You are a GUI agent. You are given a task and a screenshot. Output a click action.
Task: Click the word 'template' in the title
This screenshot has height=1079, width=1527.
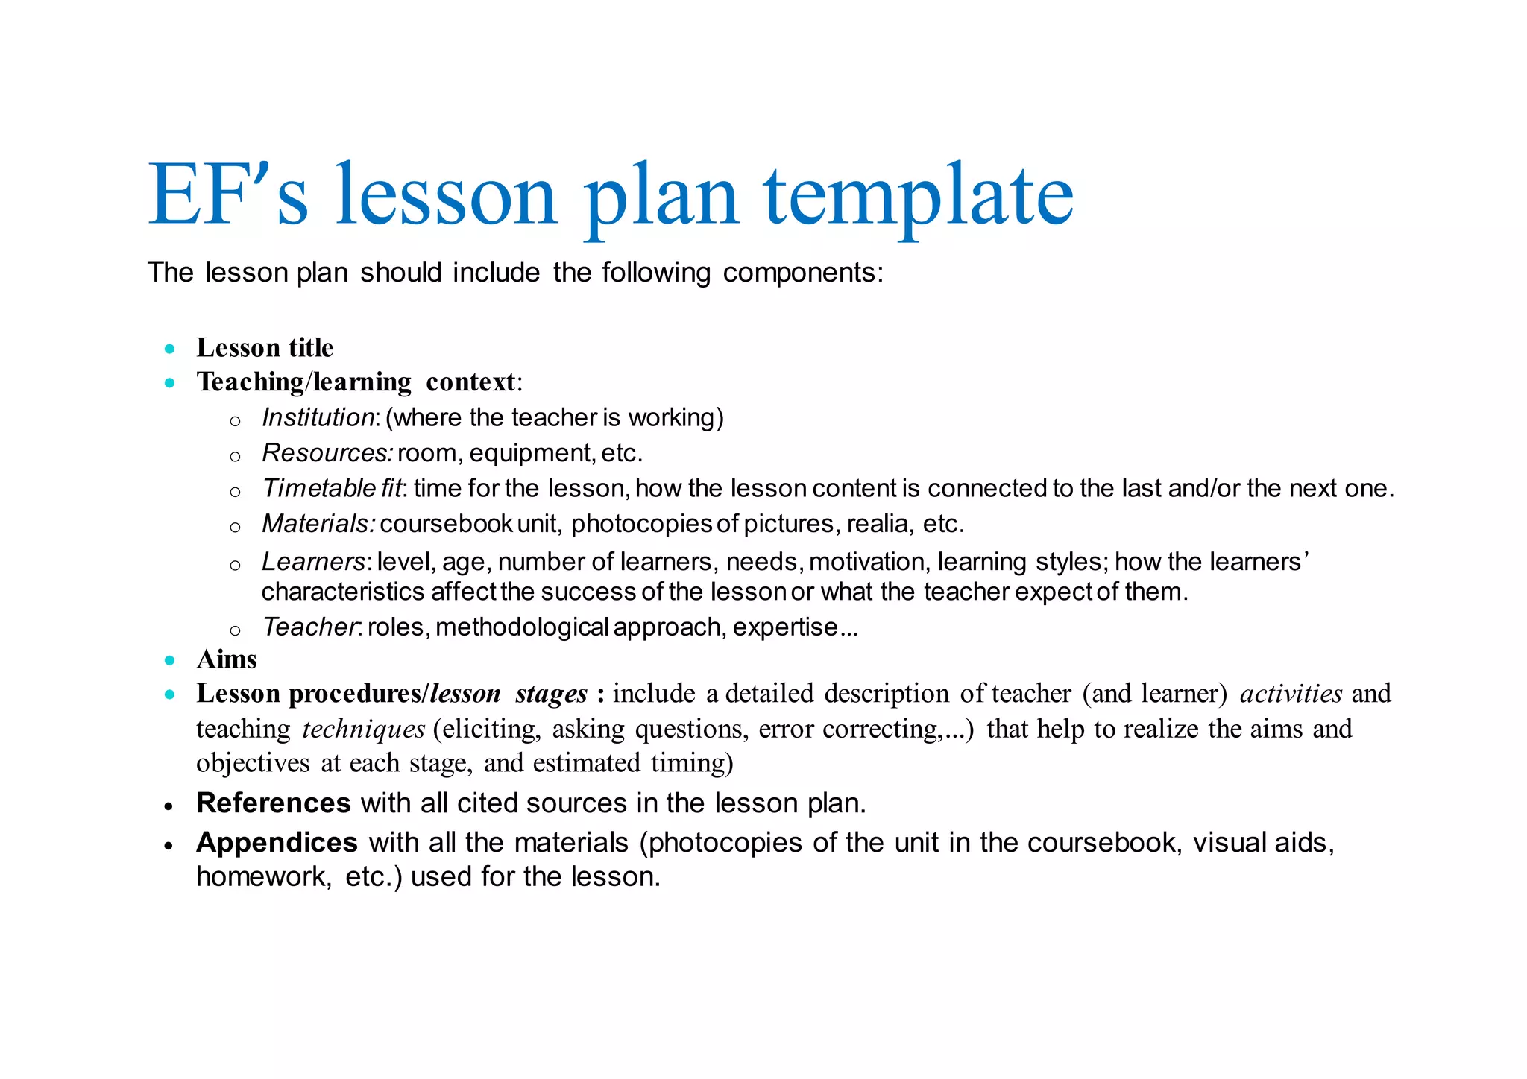918,195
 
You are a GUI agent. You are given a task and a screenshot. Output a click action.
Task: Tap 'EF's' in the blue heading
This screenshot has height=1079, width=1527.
227,195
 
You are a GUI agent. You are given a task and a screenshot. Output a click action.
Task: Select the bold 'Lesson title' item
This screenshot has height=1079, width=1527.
265,348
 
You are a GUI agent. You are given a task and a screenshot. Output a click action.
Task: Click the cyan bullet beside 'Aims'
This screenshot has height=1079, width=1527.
170,660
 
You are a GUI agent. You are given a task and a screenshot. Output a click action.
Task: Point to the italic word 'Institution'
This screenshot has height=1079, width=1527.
318,417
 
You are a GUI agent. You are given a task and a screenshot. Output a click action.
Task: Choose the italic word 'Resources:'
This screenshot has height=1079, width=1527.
327,453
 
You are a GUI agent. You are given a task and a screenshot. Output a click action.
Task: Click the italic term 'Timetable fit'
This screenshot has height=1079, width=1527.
333,488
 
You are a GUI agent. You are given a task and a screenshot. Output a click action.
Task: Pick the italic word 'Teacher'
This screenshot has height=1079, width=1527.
310,627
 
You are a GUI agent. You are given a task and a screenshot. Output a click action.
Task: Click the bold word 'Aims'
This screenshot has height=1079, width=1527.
227,659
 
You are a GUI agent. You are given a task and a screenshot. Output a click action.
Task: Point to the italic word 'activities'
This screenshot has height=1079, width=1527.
1291,694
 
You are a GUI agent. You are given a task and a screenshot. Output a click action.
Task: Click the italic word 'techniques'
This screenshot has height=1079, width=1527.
363,729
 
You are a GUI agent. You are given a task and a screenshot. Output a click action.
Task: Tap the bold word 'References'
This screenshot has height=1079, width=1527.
274,803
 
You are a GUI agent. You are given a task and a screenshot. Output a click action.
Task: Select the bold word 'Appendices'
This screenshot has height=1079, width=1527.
277,843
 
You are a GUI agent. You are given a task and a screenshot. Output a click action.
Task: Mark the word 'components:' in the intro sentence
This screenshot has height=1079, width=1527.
803,273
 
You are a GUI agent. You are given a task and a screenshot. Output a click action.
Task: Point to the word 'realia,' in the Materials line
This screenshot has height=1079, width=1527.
881,524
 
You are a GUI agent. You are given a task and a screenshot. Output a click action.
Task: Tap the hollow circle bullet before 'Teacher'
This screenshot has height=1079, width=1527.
235,631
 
